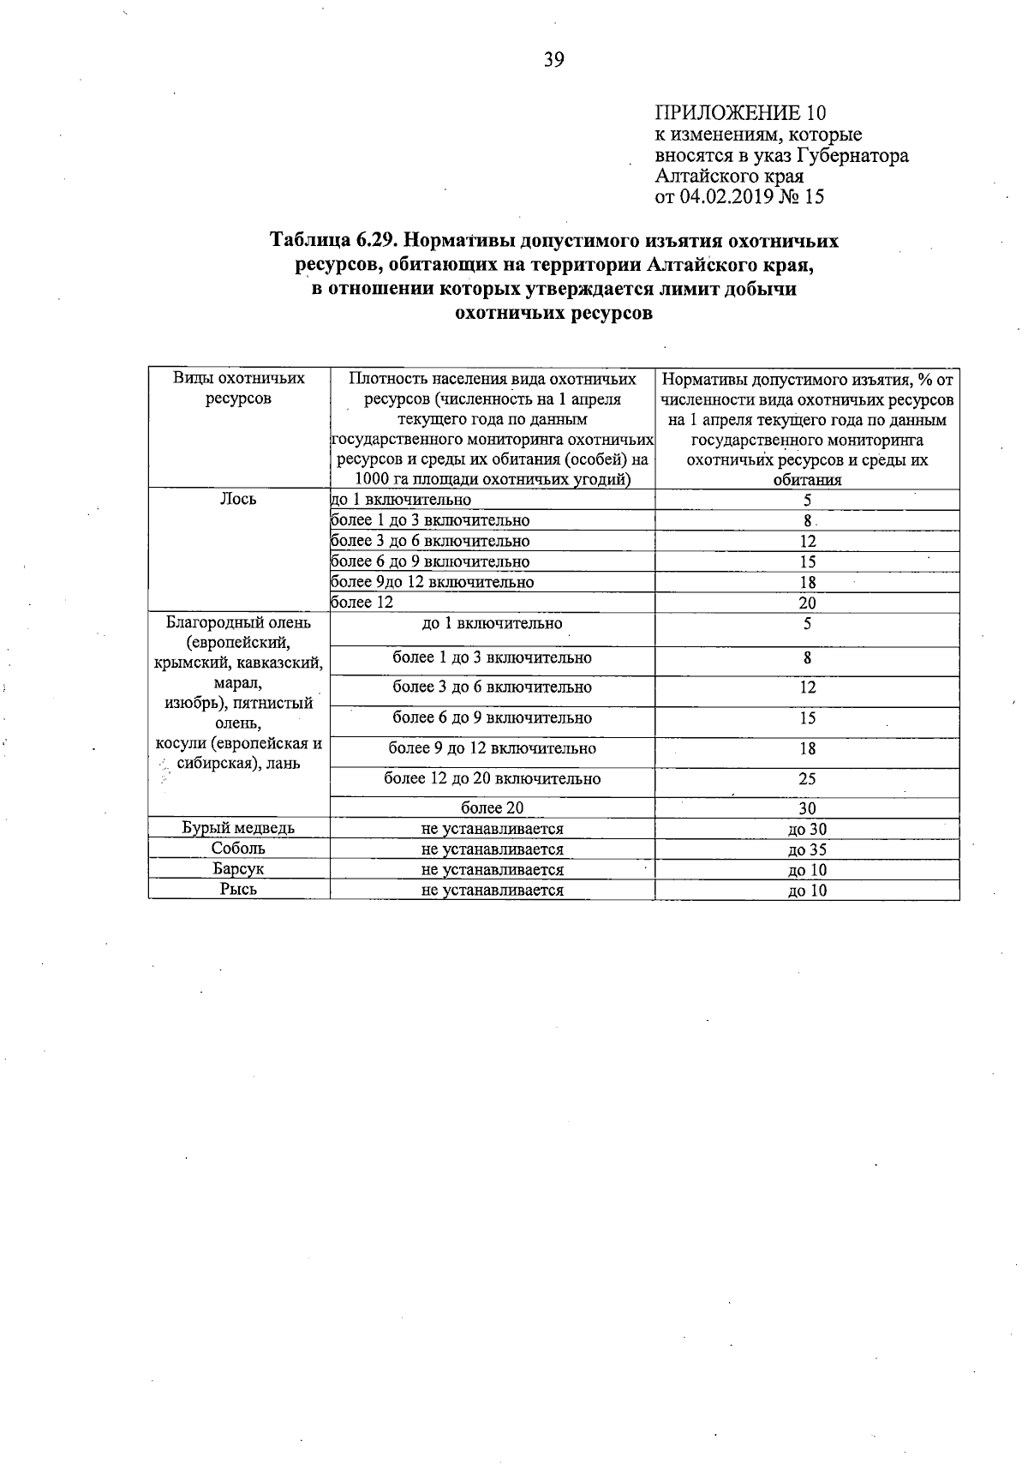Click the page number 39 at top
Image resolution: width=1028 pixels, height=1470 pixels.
coord(553,59)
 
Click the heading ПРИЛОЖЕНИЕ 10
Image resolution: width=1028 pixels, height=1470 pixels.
coord(740,113)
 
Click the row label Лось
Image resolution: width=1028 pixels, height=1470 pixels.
coord(238,499)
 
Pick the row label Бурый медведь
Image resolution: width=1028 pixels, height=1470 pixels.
coord(238,828)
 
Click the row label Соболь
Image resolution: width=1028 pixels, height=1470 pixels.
coord(238,849)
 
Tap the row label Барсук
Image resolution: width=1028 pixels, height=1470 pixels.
coord(238,869)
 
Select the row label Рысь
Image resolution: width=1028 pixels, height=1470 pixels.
coord(238,890)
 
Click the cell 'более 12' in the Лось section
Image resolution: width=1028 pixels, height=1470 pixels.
coord(362,603)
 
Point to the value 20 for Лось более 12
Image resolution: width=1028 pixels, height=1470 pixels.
coord(807,603)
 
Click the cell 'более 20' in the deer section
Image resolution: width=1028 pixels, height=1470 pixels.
coord(492,808)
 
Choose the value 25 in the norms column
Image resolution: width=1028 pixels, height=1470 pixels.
coord(807,779)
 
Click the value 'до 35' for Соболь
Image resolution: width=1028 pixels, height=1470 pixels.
coord(807,849)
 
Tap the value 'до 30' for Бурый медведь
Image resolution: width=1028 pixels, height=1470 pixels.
coord(807,829)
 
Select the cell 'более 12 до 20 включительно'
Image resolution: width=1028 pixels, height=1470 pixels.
coord(492,779)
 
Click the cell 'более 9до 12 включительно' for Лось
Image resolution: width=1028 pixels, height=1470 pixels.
coord(433,582)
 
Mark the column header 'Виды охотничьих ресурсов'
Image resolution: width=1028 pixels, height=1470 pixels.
coord(238,388)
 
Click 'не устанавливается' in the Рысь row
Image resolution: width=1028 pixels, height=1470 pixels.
coord(492,890)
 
